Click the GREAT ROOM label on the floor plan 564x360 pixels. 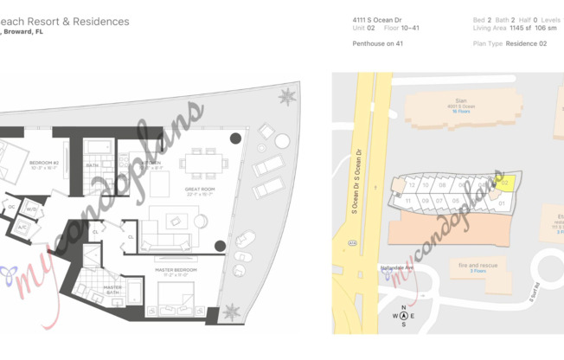(200, 190)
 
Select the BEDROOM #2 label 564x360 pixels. (43, 164)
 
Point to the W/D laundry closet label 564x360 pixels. (31, 209)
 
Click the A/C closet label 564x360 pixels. (22, 228)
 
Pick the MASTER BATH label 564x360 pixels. (112, 289)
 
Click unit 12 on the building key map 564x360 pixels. (412, 184)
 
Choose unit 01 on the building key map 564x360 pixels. (501, 203)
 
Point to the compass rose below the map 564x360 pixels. (402, 316)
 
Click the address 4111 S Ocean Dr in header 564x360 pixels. (377, 19)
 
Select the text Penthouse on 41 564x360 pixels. (378, 43)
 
